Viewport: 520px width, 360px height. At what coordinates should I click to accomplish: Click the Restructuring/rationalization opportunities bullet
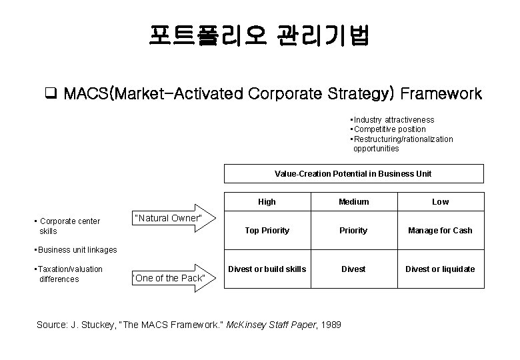[402, 143]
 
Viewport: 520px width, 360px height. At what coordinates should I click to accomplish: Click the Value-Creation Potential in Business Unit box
[353, 173]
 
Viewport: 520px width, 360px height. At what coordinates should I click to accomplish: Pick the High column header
[267, 202]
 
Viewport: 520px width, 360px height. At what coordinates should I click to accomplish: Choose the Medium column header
[353, 202]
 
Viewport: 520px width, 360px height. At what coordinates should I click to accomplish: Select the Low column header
[440, 202]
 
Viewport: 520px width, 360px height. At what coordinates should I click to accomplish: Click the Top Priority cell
[267, 231]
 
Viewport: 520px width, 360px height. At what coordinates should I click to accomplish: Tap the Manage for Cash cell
[440, 231]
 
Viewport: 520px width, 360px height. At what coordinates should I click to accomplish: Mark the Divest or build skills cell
[267, 269]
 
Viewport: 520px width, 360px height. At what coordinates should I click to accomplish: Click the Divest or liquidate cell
[440, 269]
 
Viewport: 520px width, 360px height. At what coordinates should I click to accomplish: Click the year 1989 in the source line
[331, 325]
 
